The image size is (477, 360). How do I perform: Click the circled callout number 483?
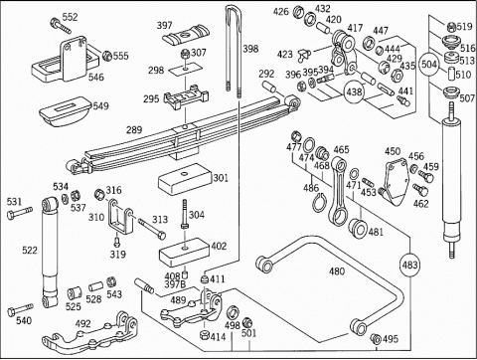410,265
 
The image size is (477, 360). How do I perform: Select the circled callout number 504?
429,65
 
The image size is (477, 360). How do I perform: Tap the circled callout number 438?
354,91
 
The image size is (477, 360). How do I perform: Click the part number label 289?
134,129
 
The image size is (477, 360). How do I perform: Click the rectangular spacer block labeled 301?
185,179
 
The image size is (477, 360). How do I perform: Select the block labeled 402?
185,253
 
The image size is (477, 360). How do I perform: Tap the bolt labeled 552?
61,26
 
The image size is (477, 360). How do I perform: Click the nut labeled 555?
107,56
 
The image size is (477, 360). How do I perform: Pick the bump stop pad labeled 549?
65,111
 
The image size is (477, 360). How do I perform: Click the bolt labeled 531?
20,212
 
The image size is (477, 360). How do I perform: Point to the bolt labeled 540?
20,309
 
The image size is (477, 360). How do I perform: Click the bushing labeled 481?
358,228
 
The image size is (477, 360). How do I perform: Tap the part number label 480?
337,271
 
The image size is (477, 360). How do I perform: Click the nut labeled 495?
376,339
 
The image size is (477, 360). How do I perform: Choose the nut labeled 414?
205,335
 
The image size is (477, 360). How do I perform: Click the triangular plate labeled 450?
396,182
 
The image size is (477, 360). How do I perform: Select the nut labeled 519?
451,27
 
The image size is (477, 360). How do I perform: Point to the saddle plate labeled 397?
187,34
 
